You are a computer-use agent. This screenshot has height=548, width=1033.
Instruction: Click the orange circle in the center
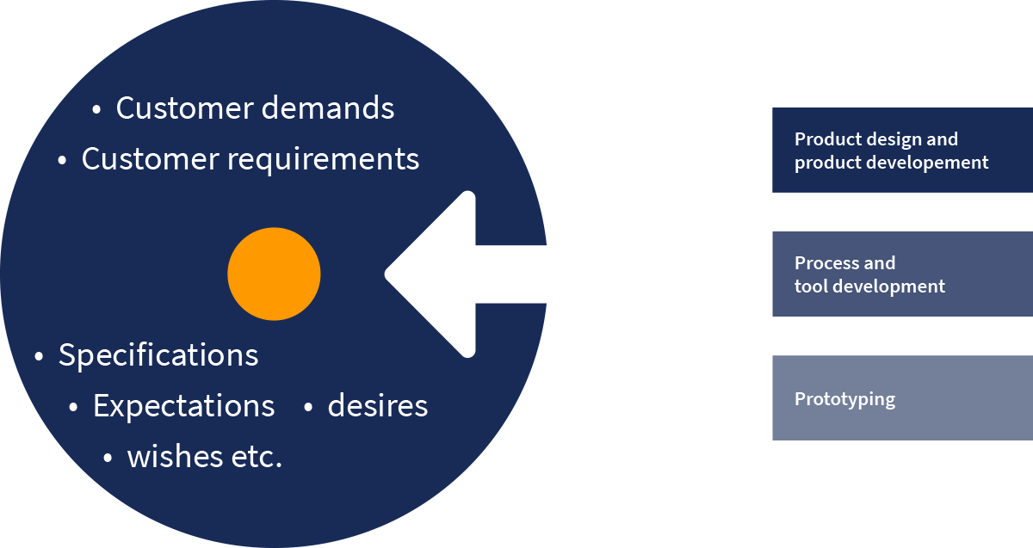[x=274, y=274]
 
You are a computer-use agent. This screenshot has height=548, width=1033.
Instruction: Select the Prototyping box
[x=902, y=398]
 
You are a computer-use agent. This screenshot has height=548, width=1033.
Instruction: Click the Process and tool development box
[x=902, y=274]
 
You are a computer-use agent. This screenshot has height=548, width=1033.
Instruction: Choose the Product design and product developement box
[x=902, y=150]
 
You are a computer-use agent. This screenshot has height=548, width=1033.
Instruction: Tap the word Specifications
[x=158, y=355]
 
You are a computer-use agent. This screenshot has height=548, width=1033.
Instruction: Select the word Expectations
[x=183, y=406]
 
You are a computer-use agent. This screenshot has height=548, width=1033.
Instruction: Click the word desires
[x=377, y=406]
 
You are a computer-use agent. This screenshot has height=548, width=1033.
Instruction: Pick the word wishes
[x=174, y=457]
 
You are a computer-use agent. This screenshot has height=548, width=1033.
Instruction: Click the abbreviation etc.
[x=257, y=457]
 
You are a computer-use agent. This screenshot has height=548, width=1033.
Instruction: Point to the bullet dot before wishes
[x=108, y=459]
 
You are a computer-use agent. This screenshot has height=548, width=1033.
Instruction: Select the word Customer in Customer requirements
[x=148, y=159]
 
